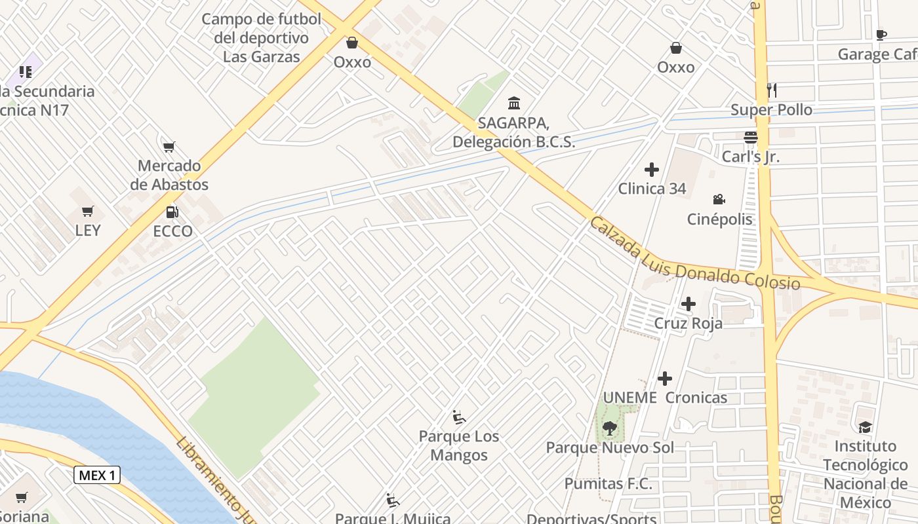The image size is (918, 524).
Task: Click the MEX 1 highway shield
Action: (x=97, y=475)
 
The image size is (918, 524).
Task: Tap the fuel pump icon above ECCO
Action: (x=172, y=212)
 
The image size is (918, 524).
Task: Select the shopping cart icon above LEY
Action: (x=88, y=211)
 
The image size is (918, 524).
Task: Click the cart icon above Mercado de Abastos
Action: (x=169, y=147)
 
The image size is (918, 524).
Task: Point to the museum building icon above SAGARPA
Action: (x=514, y=103)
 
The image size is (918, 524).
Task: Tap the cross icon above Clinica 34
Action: (x=652, y=170)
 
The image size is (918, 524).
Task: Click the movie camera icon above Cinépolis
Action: (x=719, y=200)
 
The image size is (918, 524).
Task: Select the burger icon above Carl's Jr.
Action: (x=751, y=138)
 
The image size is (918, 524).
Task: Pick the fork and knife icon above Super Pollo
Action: (x=772, y=90)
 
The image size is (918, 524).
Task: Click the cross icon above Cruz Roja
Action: (x=688, y=304)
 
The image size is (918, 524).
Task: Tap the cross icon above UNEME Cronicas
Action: (x=665, y=379)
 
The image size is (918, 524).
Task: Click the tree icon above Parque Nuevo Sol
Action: (x=610, y=428)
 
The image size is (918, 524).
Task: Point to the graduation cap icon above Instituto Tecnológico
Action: (x=866, y=427)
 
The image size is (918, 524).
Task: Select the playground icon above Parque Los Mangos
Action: (x=459, y=417)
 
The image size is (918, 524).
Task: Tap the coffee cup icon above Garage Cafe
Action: (x=881, y=35)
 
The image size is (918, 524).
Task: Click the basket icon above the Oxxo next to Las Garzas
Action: (x=352, y=43)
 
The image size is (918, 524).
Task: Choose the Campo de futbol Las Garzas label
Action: (x=261, y=37)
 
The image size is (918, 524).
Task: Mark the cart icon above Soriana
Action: (x=22, y=498)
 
